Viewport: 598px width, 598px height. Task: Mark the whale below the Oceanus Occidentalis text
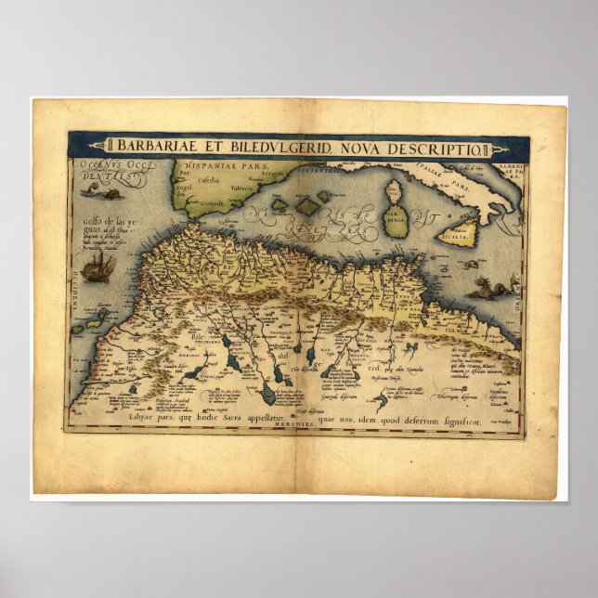click(x=103, y=193)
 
